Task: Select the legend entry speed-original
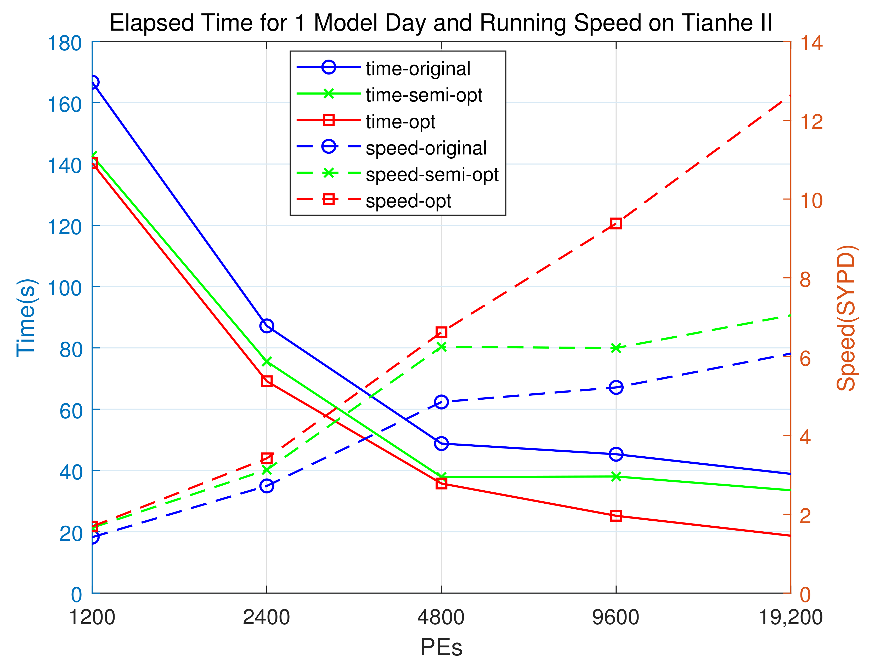[x=426, y=148]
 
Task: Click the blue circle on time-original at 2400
[x=267, y=326]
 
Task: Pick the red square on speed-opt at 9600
[x=616, y=223]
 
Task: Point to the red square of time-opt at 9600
[x=616, y=516]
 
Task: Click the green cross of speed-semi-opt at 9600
[x=616, y=348]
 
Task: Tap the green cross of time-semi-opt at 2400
[x=267, y=362]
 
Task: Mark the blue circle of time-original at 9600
[x=616, y=454]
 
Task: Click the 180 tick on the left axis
[x=64, y=43]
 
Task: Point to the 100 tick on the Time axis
[x=64, y=288]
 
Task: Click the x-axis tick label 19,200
[x=790, y=617]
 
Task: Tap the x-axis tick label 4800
[x=441, y=617]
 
